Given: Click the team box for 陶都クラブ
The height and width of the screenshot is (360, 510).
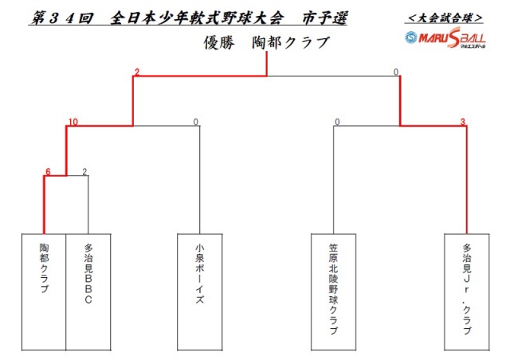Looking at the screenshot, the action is pos(44,292).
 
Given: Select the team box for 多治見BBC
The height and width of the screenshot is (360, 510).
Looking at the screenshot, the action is pos(88,292).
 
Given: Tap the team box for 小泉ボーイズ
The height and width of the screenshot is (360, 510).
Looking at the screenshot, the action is pos(200,292).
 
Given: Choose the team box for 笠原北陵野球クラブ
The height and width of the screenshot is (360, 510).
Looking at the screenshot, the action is pos(333,292).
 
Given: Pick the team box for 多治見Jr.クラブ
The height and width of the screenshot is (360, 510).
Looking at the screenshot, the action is pos(467,292).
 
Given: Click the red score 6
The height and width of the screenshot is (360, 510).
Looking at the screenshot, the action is pos(48,172).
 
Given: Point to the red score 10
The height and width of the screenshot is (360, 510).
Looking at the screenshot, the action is pos(73,122).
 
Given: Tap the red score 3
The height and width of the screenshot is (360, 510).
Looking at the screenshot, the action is pos(462,122).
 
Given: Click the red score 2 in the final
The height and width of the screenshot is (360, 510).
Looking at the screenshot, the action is pos(137,72).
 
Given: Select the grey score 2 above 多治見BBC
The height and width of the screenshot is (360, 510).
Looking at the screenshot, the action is pos(84,172).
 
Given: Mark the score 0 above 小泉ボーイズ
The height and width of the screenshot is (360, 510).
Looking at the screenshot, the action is pos(195,122).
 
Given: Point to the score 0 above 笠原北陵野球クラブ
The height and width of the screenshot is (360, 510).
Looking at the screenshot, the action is pos(337,122).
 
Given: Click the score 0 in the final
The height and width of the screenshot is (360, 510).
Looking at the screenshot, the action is pos(396,72).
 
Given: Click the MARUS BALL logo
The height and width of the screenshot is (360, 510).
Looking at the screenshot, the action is pos(445,38).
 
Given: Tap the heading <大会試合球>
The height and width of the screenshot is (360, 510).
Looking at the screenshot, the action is pos(445,18).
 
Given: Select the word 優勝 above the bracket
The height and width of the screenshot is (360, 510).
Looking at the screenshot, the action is pos(219,42).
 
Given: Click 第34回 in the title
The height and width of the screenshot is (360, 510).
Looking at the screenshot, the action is pos(62,18).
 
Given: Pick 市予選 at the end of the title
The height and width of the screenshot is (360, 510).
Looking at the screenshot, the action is pos(324,18).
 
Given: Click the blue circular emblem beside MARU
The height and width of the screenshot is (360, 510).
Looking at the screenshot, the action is pos(411,37).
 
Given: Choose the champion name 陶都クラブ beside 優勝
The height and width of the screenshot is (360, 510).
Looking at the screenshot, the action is pos(291,42).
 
